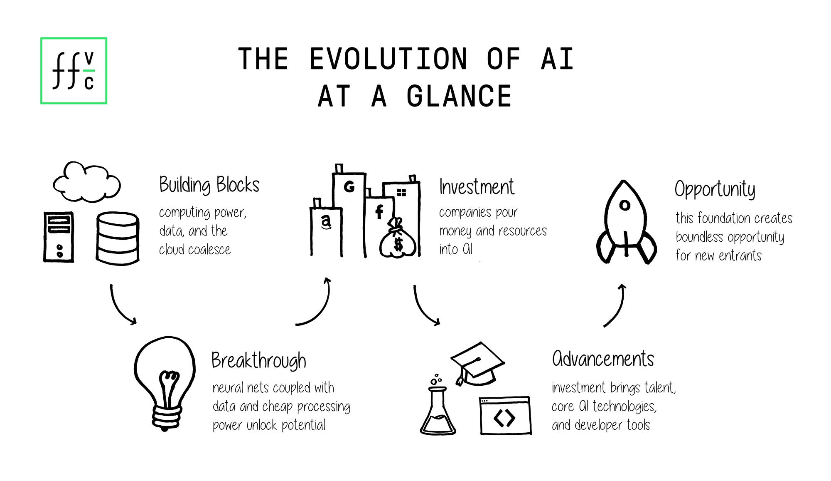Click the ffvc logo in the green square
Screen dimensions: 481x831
pos(74,71)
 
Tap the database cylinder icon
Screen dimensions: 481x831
pos(118,238)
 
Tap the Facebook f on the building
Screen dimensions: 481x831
pos(379,212)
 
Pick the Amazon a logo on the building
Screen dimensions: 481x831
pos(326,221)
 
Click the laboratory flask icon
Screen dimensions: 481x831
pos(438,410)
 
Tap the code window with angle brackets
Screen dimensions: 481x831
pos(505,416)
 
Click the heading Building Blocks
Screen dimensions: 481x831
pos(209,185)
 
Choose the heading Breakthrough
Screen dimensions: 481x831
pos(258,361)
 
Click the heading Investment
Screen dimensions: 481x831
pos(477,187)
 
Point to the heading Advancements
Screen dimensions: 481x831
pos(603,359)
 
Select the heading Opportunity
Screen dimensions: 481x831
pos(715,189)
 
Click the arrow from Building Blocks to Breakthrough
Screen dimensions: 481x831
pos(120,306)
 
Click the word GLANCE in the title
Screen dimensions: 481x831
pos(459,97)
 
